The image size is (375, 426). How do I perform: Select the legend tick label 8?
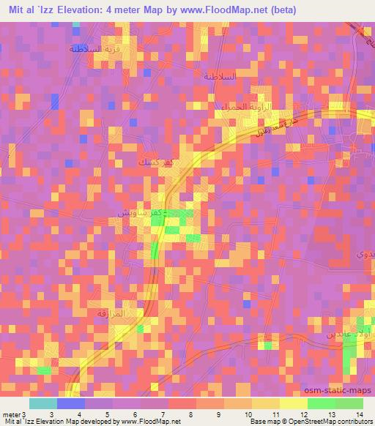pos(191,414)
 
